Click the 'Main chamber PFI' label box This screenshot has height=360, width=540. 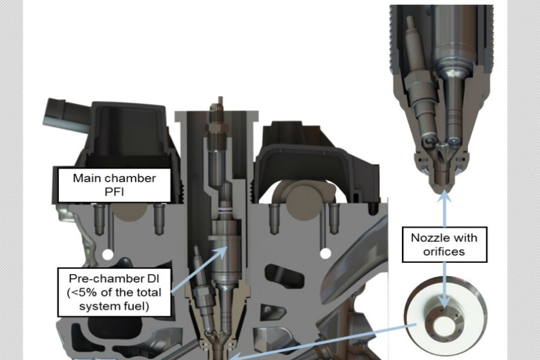pos(115,185)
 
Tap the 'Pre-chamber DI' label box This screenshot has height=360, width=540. pos(115,292)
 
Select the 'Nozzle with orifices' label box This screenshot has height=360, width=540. pos(445,245)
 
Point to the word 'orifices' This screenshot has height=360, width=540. pos(444,251)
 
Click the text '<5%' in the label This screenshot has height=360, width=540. pos(82,292)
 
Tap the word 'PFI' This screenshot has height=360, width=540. pos(114,191)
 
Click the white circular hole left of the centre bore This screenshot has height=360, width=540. pos(108,254)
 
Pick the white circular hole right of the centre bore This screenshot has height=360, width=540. pos(325,254)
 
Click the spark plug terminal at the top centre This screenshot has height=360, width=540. pos(220,101)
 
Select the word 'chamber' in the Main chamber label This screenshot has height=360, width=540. pos(133,178)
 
